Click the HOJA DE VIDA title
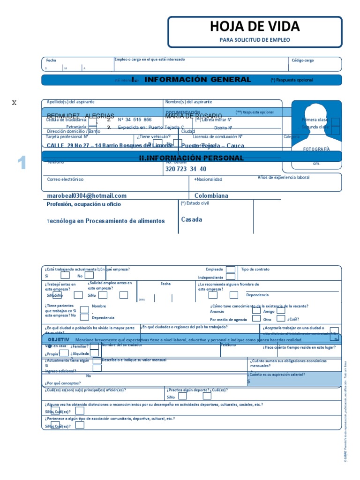(x=255, y=26)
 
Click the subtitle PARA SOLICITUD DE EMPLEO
(x=255, y=40)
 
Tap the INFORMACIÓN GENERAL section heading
(x=197, y=79)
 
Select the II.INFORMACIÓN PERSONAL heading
(x=191, y=158)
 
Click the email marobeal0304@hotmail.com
(x=87, y=196)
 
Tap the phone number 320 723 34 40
(x=186, y=169)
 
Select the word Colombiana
(x=211, y=196)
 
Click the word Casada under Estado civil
(x=192, y=219)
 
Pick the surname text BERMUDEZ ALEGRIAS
(x=81, y=116)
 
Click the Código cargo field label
(x=303, y=60)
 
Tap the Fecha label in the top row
(x=51, y=60)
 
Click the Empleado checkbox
(x=231, y=269)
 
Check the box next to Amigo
(x=280, y=310)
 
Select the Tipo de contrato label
(x=255, y=270)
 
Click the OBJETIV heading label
(x=59, y=339)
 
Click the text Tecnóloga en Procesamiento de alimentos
(x=106, y=221)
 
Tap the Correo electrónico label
(x=65, y=179)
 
